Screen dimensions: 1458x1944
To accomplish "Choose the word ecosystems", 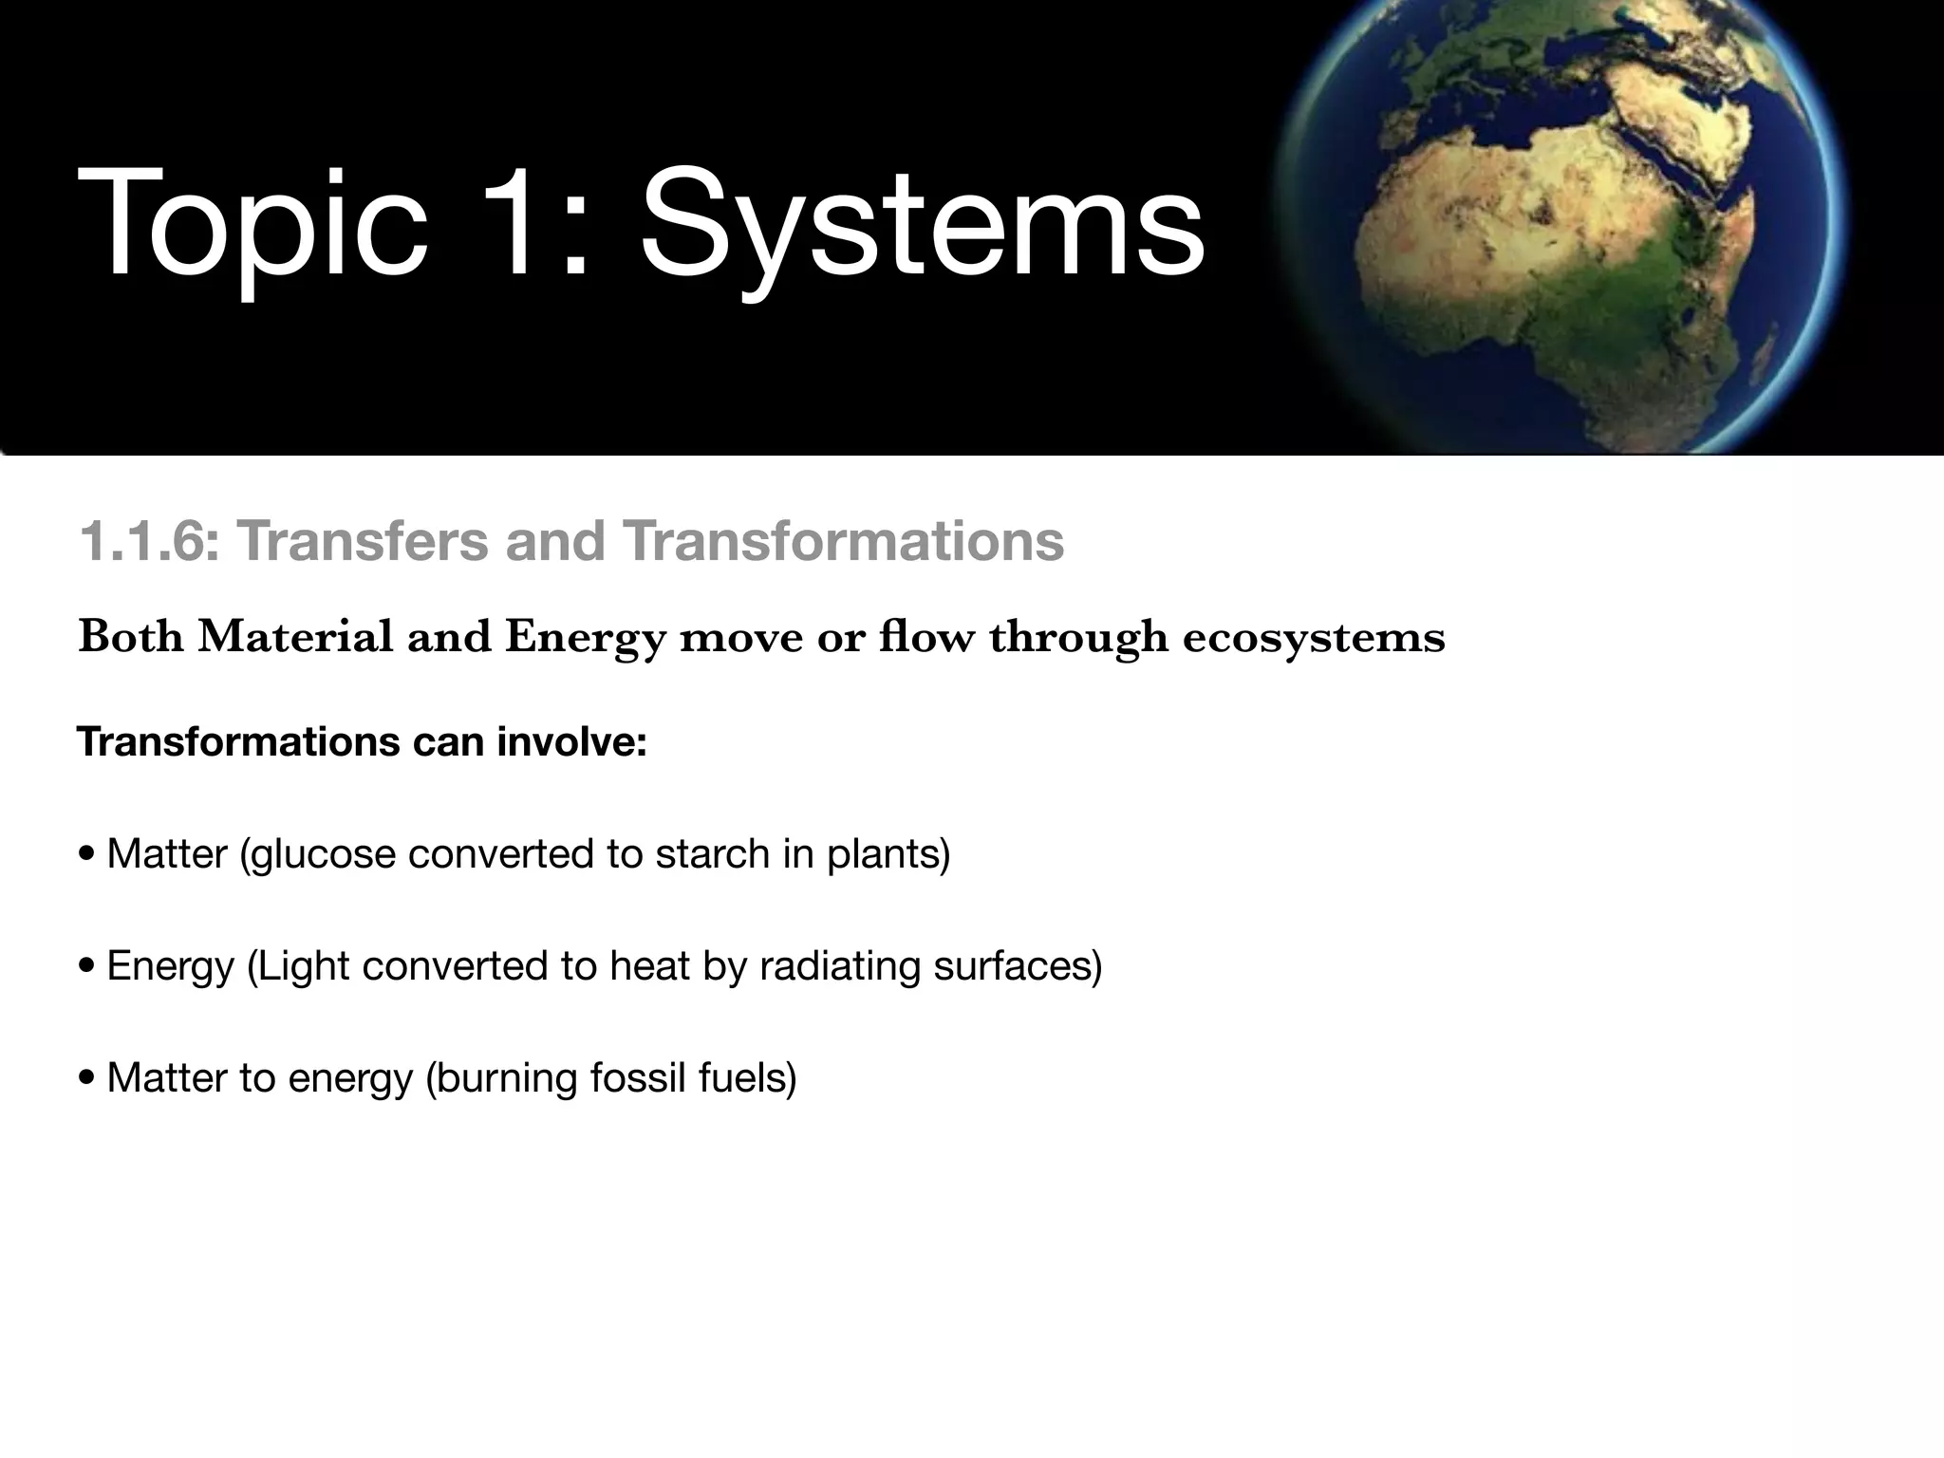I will pos(1314,637).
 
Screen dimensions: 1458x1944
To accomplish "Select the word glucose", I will pos(323,854).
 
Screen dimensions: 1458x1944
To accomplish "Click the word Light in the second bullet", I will pos(300,966).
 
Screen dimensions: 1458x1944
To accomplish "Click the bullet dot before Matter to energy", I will pos(87,1078).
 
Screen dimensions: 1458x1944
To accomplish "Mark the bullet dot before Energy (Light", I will pos(87,966).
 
